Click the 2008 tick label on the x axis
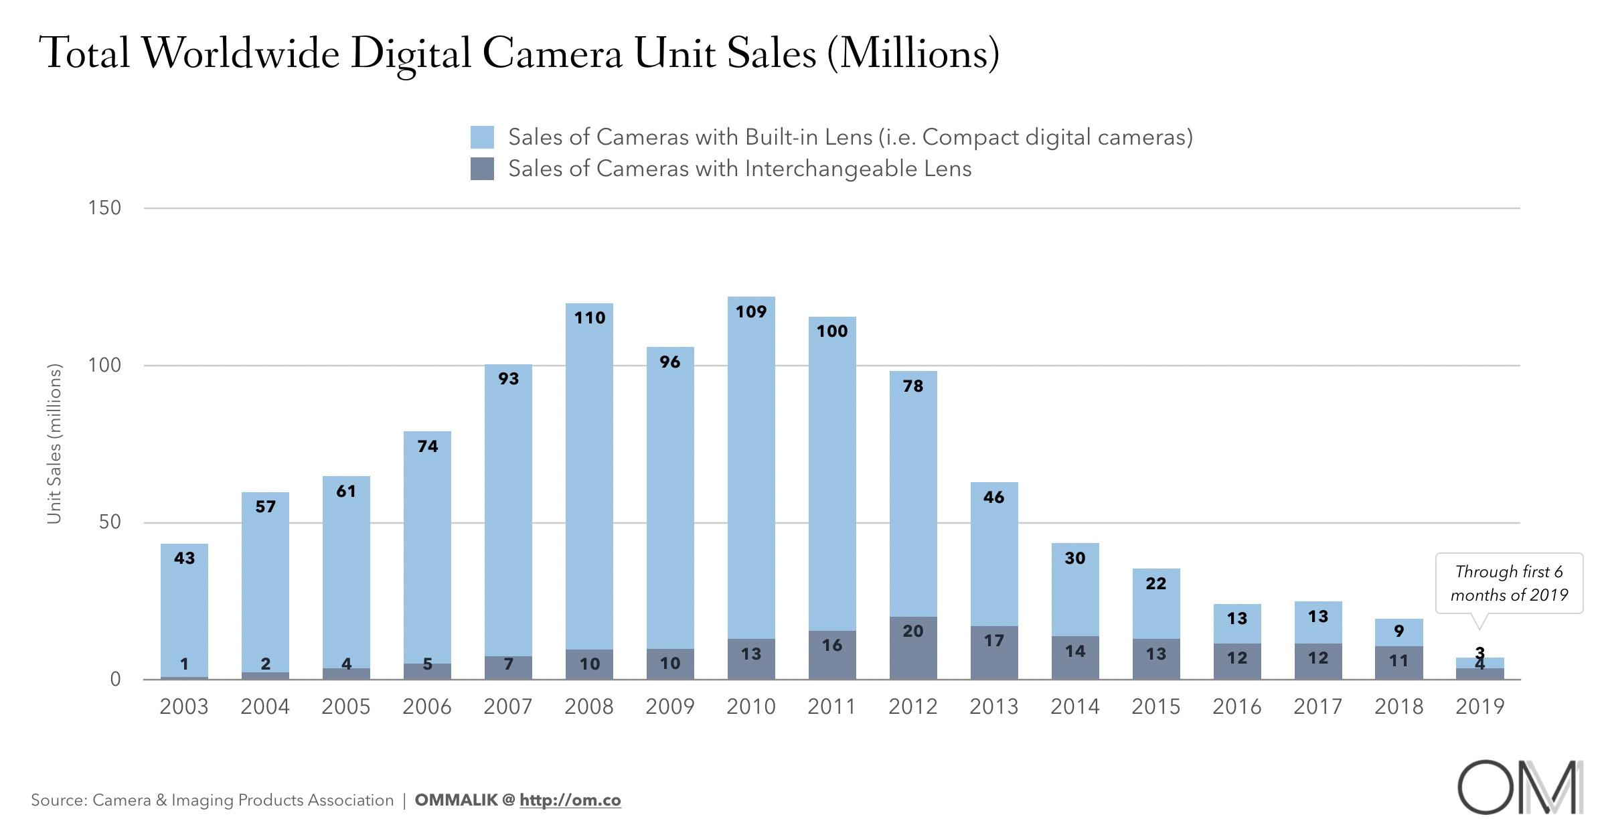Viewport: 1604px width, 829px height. coord(588,707)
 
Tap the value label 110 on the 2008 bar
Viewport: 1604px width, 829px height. coord(589,318)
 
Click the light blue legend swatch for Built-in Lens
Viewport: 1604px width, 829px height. coord(482,137)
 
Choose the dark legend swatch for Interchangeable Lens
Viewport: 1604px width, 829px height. coord(482,169)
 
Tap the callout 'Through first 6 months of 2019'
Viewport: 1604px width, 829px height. coord(1509,583)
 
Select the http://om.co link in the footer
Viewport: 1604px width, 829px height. coord(570,800)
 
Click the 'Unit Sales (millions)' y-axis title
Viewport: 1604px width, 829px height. coord(54,444)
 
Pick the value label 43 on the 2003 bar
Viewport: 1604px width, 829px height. coord(184,558)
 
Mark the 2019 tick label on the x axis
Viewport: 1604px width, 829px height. coord(1479,707)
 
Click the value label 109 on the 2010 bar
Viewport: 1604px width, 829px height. coord(750,312)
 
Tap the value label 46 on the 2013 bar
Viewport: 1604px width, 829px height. coord(993,498)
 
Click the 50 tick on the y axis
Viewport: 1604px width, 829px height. coord(110,522)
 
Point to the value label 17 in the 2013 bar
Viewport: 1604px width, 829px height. coord(993,641)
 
